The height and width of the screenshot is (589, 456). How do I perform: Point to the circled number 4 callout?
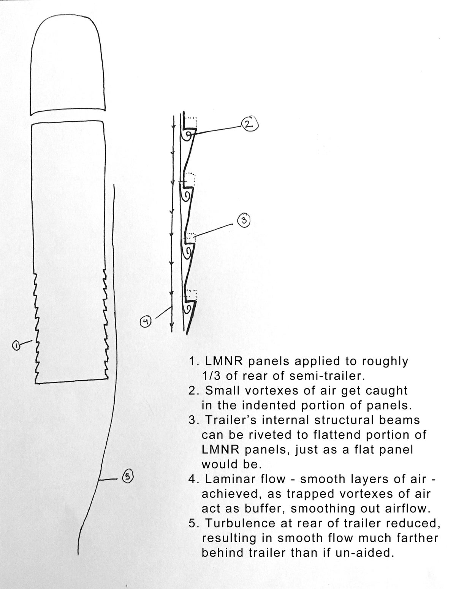[146, 322]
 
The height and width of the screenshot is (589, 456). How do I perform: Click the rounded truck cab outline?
[67, 65]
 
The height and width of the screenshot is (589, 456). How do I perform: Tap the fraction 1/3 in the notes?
[211, 376]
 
